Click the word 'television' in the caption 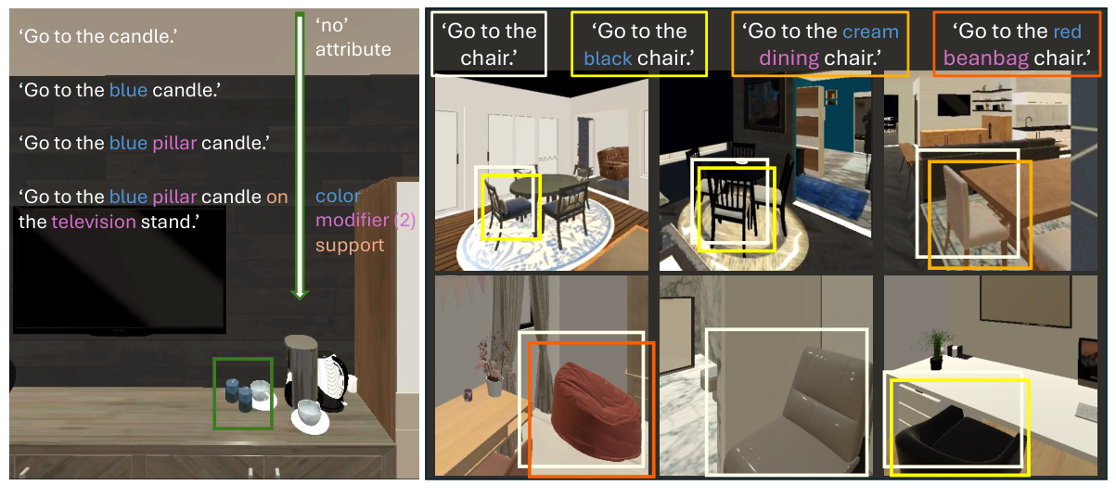point(94,222)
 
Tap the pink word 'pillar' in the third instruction point(174,144)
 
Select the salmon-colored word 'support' point(350,246)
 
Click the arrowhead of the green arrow point(300,294)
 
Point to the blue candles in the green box point(238,395)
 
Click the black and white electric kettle point(331,381)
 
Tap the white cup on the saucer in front point(310,413)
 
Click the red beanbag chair point(596,413)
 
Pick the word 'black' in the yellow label point(609,58)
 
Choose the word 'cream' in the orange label point(871,32)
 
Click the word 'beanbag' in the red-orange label point(986,58)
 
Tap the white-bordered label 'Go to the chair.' point(489,45)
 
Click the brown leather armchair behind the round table point(613,162)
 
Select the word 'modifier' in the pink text point(353,220)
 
